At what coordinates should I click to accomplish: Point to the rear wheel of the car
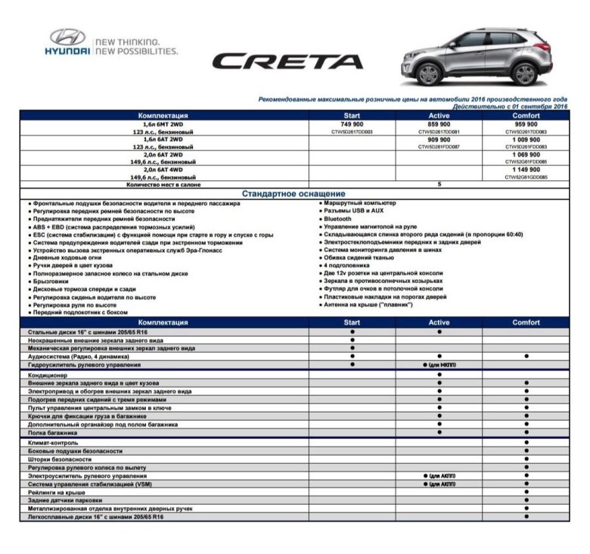[523, 73]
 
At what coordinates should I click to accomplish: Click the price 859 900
[439, 123]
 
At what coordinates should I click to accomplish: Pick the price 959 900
[526, 123]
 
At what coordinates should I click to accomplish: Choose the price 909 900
[439, 139]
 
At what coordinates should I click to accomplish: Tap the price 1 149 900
[526, 170]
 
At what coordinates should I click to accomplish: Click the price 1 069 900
[526, 154]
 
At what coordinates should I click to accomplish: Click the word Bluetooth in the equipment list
[338, 219]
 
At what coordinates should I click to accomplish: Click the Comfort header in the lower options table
[526, 322]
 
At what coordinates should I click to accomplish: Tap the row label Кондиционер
[48, 375]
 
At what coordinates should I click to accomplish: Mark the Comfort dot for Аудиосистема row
[526, 356]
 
